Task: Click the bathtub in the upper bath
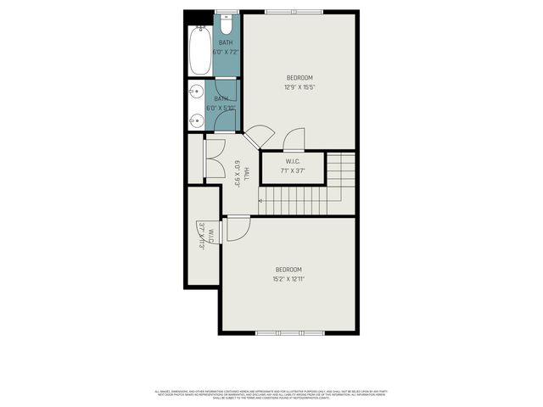[x=200, y=50]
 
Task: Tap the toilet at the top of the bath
[x=227, y=20]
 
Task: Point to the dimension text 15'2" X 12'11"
[x=288, y=278]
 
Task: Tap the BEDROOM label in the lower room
[x=288, y=269]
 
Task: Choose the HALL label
[x=246, y=174]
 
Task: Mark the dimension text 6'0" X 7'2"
[x=226, y=52]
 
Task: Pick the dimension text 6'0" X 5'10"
[x=219, y=108]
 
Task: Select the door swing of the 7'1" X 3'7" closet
[x=294, y=139]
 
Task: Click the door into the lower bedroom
[x=238, y=226]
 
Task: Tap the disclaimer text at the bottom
[x=271, y=393]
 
